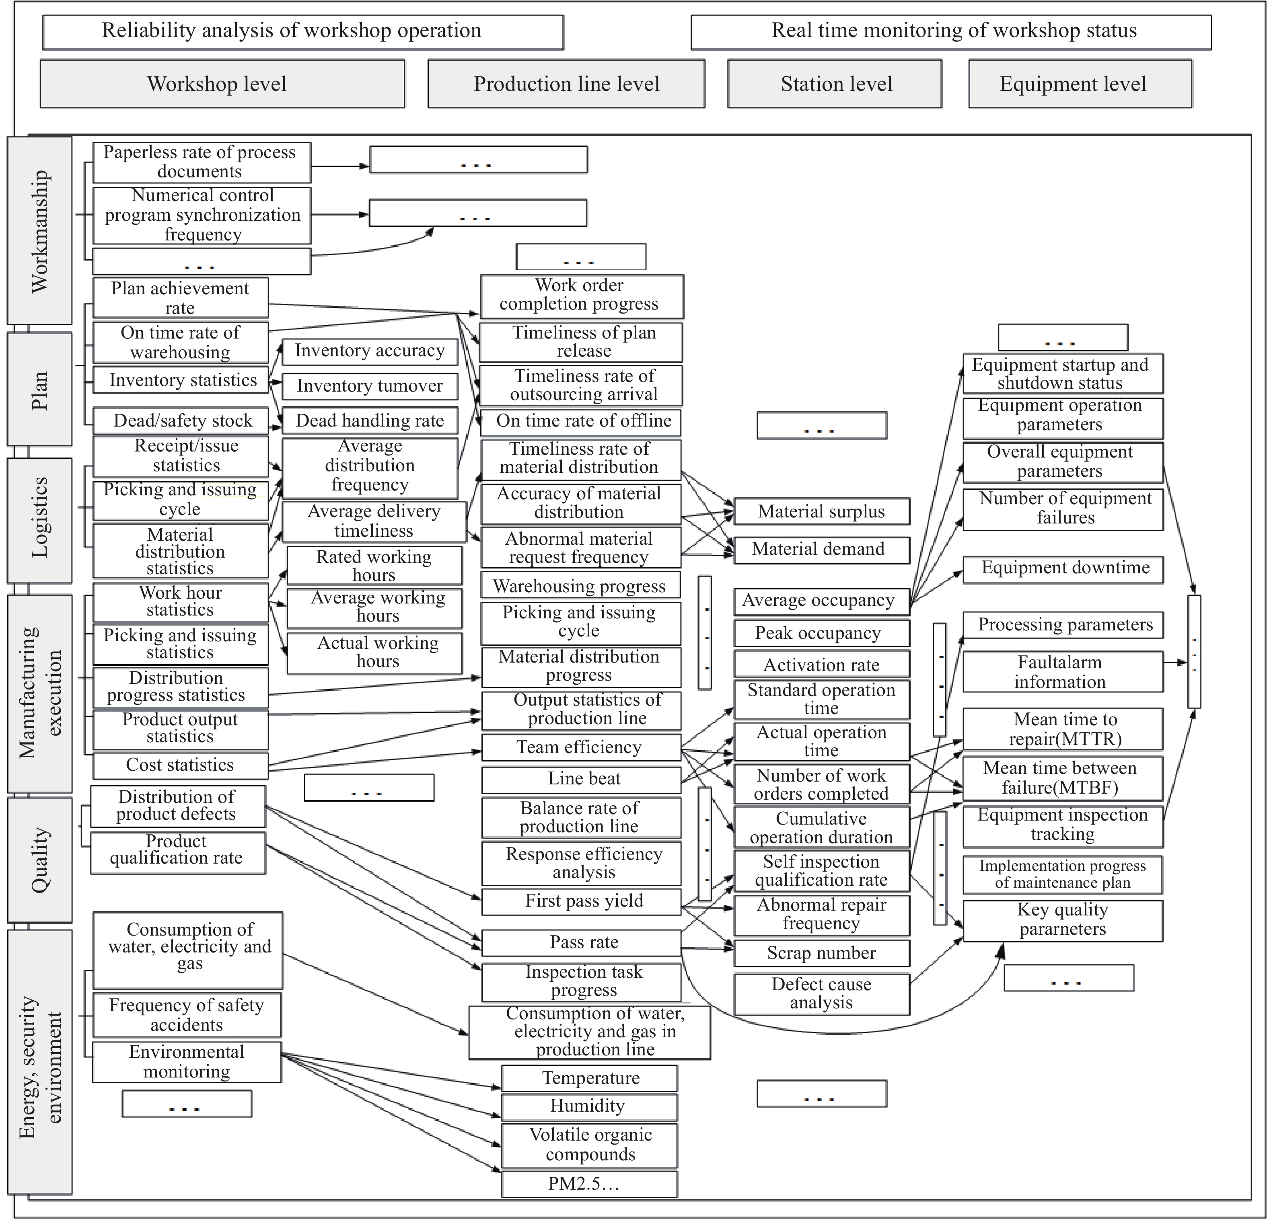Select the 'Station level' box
click(835, 84)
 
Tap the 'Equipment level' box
click(1080, 84)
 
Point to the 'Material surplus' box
click(822, 512)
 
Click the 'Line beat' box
click(581, 779)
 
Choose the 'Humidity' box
click(589, 1106)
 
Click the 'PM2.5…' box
click(589, 1184)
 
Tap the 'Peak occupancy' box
click(822, 634)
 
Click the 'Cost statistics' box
click(180, 765)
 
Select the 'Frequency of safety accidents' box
click(187, 1015)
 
